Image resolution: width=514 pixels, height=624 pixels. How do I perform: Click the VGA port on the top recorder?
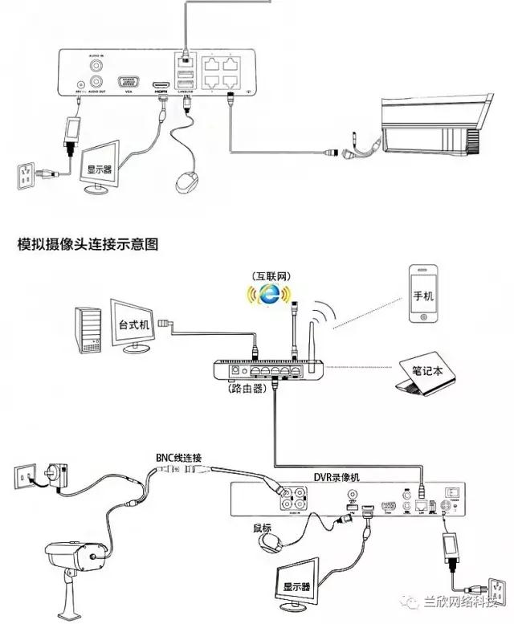128,82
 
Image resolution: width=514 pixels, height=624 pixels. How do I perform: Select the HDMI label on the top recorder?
161,92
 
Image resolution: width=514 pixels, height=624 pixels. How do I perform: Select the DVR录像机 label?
336,477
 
